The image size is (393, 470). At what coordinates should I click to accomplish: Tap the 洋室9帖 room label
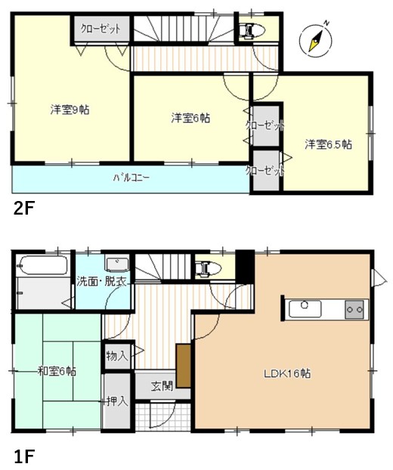coord(70,110)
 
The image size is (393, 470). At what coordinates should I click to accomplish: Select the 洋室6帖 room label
coord(190,118)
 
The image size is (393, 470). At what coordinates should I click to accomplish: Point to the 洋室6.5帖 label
coord(328,144)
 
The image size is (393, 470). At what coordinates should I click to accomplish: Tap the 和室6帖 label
coord(57,370)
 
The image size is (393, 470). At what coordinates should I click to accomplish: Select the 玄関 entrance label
coord(162,385)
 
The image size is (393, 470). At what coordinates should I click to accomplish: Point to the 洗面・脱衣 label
coord(101,281)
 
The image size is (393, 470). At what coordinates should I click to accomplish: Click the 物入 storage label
coord(116,354)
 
